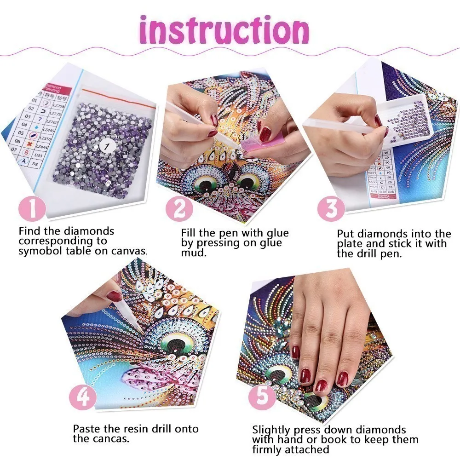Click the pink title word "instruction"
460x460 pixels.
tap(224, 30)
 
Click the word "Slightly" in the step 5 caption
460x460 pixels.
tap(272, 430)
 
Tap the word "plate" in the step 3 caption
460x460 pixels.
tap(351, 244)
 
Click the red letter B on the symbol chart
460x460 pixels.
tap(26, 152)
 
